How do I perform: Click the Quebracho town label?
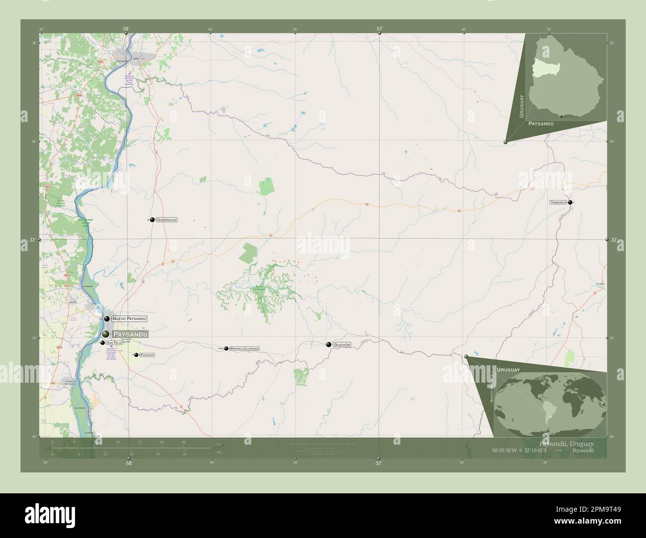pyautogui.click(x=167, y=219)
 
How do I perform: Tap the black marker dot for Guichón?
pyautogui.click(x=328, y=344)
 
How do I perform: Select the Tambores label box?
pyautogui.click(x=558, y=202)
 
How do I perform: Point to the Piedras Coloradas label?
pyautogui.click(x=244, y=349)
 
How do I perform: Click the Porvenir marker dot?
pyautogui.click(x=136, y=355)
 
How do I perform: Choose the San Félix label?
pyautogui.click(x=114, y=343)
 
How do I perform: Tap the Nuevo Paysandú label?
pyautogui.click(x=129, y=318)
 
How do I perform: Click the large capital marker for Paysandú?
pyautogui.click(x=106, y=335)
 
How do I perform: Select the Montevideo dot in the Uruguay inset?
pyautogui.click(x=561, y=116)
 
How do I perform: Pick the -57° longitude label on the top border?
pyautogui.click(x=379, y=29)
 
